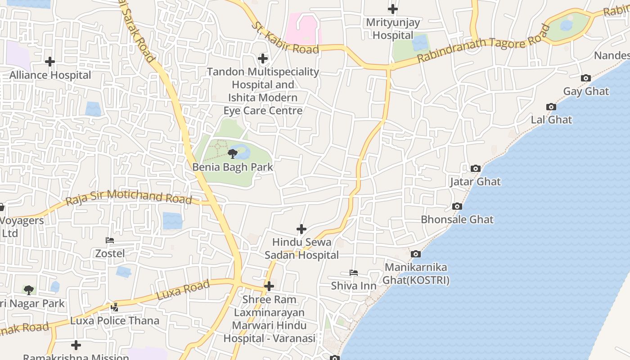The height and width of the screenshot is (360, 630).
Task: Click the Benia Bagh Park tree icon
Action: coord(232,154)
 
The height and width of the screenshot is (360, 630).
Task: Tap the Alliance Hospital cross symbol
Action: coord(50,61)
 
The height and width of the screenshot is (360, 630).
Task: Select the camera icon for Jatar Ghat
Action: coord(475,169)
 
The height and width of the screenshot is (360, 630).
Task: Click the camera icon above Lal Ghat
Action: coord(551,107)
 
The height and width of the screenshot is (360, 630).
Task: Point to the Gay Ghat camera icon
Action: coord(585,78)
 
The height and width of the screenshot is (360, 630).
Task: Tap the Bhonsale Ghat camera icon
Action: coord(457,207)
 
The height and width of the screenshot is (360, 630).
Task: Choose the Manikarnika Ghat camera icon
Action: coord(416,254)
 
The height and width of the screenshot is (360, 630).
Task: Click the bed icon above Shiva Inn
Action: coord(354,273)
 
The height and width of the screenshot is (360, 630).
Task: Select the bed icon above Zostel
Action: coord(110,240)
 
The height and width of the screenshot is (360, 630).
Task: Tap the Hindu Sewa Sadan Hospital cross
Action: coord(301,229)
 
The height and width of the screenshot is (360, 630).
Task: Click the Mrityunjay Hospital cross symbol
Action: coord(393,9)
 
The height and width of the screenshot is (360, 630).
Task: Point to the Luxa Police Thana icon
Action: coord(115,307)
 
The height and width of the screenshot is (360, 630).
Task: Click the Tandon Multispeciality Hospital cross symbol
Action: coord(263,58)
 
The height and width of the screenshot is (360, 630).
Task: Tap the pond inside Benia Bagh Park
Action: coord(243,151)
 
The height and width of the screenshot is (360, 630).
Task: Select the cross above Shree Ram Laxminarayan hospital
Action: coord(269,286)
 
